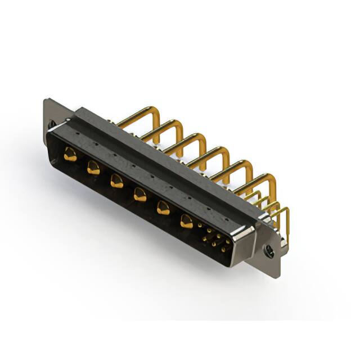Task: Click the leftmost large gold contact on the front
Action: click(x=70, y=154)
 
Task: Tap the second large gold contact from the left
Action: click(x=93, y=167)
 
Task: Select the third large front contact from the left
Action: click(x=116, y=181)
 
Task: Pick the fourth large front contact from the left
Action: click(x=139, y=195)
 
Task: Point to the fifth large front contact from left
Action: click(x=163, y=208)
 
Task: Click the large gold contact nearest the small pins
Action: click(x=186, y=222)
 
